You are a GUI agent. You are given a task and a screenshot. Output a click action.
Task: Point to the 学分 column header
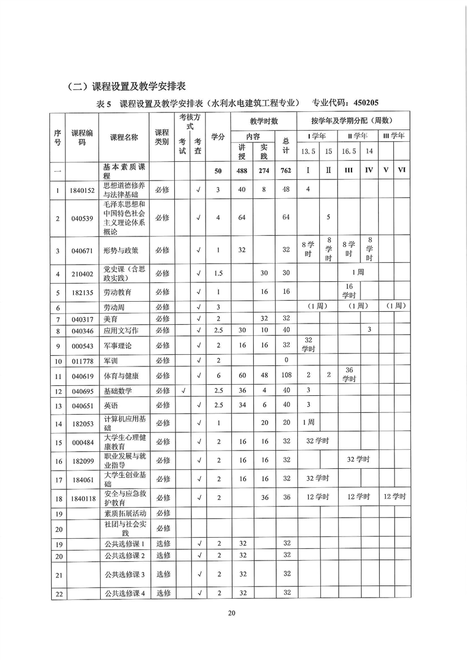(x=218, y=136)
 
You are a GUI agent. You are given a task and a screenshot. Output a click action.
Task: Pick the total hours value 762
(x=287, y=171)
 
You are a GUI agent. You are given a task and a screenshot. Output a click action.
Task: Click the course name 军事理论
(x=115, y=345)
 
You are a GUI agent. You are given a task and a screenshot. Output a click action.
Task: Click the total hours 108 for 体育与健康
(x=287, y=375)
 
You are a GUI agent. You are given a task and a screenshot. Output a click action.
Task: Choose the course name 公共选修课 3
(x=125, y=574)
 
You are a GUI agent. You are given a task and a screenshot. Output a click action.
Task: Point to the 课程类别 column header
(x=161, y=136)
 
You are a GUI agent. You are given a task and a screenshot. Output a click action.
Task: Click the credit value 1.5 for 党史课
(x=218, y=274)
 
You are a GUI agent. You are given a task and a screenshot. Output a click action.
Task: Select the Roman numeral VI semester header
(x=402, y=171)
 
